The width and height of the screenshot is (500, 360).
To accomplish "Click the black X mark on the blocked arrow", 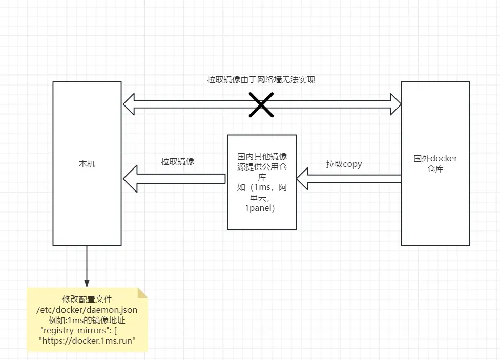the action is click(x=261, y=104).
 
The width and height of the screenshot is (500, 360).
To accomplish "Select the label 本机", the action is click(x=87, y=164).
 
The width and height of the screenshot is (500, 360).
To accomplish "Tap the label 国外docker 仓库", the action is click(x=435, y=163).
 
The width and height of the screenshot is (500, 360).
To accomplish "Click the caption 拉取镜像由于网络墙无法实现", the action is click(x=261, y=80).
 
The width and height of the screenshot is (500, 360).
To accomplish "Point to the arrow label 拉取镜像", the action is click(x=178, y=161).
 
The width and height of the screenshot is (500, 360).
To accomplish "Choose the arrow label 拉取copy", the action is click(x=344, y=164).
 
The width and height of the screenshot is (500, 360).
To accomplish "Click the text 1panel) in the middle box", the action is click(x=260, y=208).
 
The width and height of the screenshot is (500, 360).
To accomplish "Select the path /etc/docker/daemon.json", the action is click(x=87, y=310).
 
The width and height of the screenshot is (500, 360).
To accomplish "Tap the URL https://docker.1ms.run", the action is click(x=87, y=341).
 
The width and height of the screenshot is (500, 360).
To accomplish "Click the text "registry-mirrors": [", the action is click(x=79, y=330).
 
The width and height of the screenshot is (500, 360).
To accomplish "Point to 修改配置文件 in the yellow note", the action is click(x=87, y=299).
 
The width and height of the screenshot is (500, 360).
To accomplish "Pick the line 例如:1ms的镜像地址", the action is click(x=87, y=320).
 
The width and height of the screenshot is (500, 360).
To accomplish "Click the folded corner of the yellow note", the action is click(x=142, y=293).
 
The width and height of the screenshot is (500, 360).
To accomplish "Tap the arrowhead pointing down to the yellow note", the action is click(x=87, y=283).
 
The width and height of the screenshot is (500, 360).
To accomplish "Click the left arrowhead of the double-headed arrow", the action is click(x=129, y=104).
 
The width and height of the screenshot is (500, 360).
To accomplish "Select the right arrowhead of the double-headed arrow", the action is click(x=395, y=104).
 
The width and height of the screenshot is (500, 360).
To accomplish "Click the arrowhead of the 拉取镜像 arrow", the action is click(x=130, y=179).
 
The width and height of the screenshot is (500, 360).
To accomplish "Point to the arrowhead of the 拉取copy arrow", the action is click(x=302, y=179).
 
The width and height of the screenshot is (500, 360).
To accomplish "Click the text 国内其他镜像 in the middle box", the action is click(x=262, y=156).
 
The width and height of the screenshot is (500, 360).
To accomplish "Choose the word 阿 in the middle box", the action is click(x=283, y=187).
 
